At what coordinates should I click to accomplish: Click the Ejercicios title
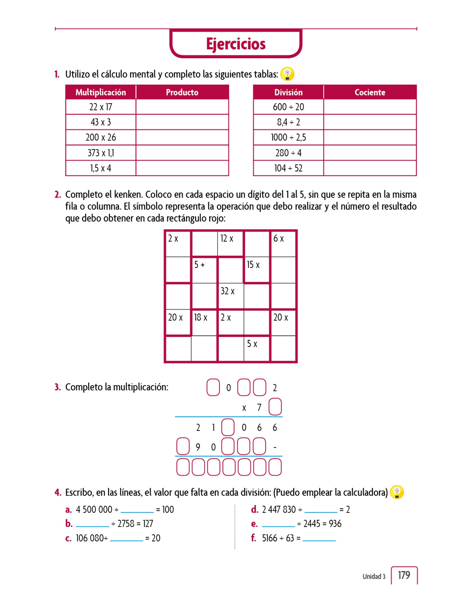coord(236,44)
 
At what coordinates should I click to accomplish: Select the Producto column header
coord(182,92)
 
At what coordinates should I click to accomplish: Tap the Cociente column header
coord(370,92)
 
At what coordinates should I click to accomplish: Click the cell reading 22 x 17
coord(101,107)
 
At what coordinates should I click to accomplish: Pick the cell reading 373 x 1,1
coord(101,153)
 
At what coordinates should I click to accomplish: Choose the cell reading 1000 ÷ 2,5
coord(288,138)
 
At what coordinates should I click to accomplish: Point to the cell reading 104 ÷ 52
coord(288,168)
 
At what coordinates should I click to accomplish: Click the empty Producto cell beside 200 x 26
coord(182,138)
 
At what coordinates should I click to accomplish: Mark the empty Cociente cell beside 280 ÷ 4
coord(370,153)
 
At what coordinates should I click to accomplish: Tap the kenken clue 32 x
coord(227,291)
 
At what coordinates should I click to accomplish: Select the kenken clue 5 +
coord(199,265)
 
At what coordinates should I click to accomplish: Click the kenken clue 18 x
coord(200,317)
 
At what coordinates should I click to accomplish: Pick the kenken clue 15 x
coord(253,265)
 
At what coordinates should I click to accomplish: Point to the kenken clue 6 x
coord(278,238)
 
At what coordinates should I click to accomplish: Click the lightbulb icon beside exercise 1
coord(287,74)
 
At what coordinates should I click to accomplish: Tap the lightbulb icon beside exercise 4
coord(397,492)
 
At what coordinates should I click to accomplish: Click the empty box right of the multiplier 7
coord(275,407)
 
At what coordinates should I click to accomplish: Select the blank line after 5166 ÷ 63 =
coord(319,539)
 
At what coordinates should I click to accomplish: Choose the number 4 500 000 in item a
coord(94,510)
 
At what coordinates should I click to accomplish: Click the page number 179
coord(404,575)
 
